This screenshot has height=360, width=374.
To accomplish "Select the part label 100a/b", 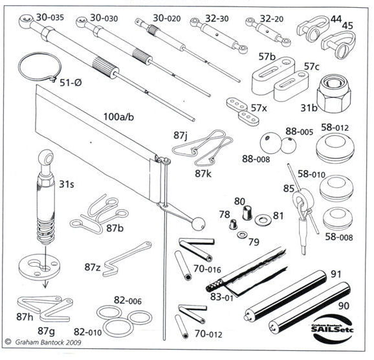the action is point(118,117).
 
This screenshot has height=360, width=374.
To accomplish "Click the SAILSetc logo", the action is point(333,328).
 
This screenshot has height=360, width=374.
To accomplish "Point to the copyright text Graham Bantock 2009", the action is point(48,343).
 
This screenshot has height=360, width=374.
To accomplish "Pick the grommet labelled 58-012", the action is point(335,146).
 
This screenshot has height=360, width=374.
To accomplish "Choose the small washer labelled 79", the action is point(243,234).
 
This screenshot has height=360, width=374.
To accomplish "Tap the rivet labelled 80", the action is point(247,212).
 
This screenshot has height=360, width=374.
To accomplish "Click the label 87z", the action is point(93,267).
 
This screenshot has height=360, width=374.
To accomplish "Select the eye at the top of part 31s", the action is point(46,157).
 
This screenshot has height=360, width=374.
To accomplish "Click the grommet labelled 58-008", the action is point(336,219).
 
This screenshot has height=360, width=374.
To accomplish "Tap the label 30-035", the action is point(50,17).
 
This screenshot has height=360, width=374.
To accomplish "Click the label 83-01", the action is point(222,297).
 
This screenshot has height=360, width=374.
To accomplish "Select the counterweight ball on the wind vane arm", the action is point(199,224).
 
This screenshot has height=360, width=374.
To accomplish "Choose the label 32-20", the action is point(272,19).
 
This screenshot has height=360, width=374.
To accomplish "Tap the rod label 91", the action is point(336,274).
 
